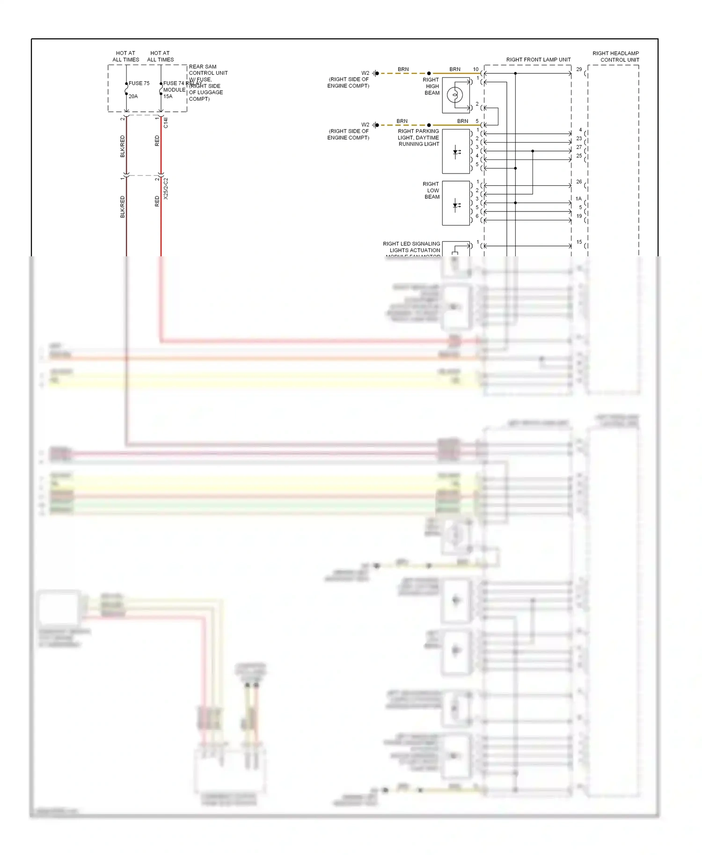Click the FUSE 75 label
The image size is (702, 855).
[139, 83]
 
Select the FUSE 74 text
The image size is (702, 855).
[174, 83]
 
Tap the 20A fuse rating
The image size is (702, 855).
[133, 96]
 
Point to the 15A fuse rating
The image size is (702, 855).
[168, 96]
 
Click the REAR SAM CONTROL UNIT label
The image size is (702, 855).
[208, 70]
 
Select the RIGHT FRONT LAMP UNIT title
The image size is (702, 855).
[538, 60]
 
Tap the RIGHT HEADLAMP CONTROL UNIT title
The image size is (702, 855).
[615, 57]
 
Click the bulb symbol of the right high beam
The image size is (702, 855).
[455, 95]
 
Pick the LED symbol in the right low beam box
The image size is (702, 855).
[456, 205]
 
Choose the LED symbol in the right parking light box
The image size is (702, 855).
[456, 152]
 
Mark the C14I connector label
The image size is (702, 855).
[166, 123]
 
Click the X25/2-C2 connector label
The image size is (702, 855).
[166, 188]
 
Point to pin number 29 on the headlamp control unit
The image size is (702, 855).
[579, 69]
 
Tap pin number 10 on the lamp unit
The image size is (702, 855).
[475, 69]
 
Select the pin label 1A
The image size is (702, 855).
[578, 199]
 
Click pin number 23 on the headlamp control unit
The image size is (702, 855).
[579, 138]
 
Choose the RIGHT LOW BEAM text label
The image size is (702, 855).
[431, 190]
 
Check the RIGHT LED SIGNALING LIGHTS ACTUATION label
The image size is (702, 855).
[411, 247]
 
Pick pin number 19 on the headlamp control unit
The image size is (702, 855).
[579, 216]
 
